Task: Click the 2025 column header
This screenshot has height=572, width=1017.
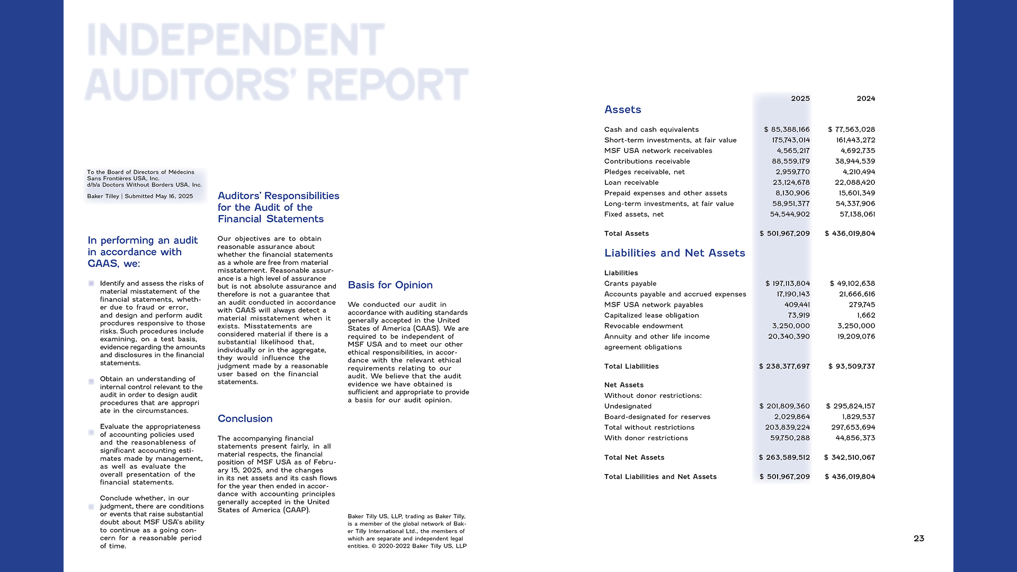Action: click(800, 99)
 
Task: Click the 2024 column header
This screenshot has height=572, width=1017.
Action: click(866, 99)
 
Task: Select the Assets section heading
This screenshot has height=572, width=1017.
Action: click(622, 110)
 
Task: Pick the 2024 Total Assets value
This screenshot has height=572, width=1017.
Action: click(850, 234)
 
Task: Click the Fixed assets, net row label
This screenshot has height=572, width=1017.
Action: click(634, 215)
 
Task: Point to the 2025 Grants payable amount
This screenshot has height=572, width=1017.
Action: click(788, 283)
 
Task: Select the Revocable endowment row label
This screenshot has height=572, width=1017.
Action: click(644, 326)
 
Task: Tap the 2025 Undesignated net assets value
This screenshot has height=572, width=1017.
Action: click(784, 406)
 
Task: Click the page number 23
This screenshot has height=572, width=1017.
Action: click(918, 538)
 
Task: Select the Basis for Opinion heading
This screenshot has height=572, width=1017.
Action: click(390, 285)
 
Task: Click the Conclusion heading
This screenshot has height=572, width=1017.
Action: click(245, 418)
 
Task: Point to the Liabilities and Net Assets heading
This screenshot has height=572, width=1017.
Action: click(674, 253)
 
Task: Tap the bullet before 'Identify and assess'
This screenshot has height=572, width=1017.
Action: click(91, 284)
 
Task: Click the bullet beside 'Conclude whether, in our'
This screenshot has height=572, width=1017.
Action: click(91, 507)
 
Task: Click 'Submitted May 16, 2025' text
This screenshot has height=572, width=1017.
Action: click(158, 196)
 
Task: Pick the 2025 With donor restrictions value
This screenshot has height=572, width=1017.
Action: click(790, 438)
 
